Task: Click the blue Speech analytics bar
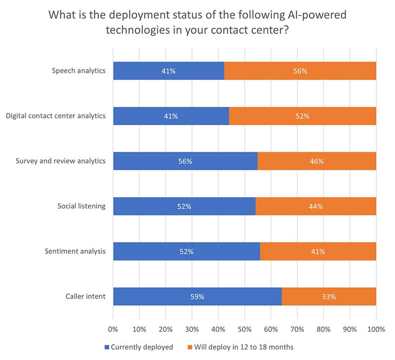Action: (x=168, y=71)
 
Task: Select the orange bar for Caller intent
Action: (x=329, y=297)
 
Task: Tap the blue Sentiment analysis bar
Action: (x=186, y=252)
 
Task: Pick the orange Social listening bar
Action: (x=316, y=207)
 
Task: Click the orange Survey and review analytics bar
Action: (x=316, y=161)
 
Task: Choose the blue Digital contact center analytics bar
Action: (x=171, y=116)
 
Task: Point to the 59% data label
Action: (x=197, y=297)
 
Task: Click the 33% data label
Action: (x=329, y=297)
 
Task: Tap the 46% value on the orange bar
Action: (x=317, y=161)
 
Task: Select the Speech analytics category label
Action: (x=79, y=71)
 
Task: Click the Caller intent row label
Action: (x=85, y=296)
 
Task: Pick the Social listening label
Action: (x=82, y=206)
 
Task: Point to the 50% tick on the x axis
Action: (x=244, y=329)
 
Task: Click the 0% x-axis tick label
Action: (x=113, y=329)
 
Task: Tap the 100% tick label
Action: (x=376, y=329)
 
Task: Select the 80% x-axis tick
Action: (x=323, y=329)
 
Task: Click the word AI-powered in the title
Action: (x=317, y=15)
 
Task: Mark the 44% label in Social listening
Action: (x=316, y=207)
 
